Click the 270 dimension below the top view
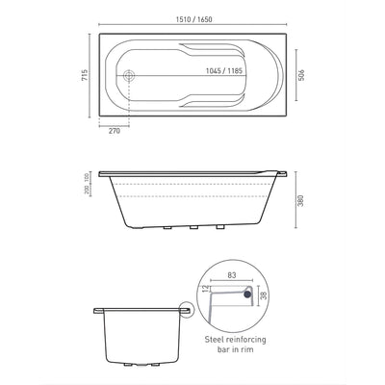pyautogui.click(x=114, y=131)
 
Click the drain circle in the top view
pyautogui.click(x=132, y=76)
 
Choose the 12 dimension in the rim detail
pyautogui.click(x=205, y=287)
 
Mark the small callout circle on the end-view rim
pyautogui.click(x=185, y=310)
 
